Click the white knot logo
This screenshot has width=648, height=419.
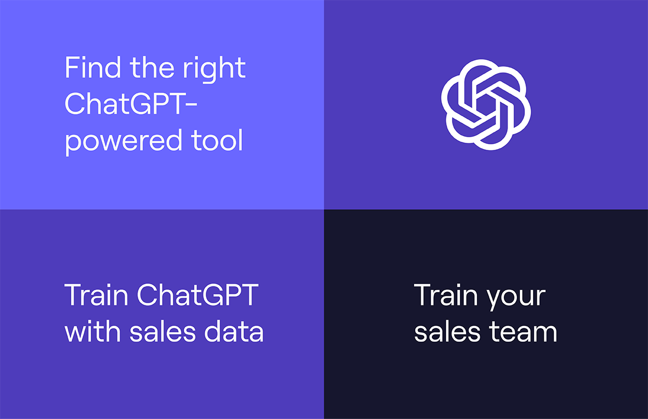click(486, 104)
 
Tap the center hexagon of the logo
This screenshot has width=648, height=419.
click(486, 104)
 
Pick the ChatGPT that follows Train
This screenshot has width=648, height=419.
click(197, 296)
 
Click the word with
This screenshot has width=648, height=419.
click(91, 332)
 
